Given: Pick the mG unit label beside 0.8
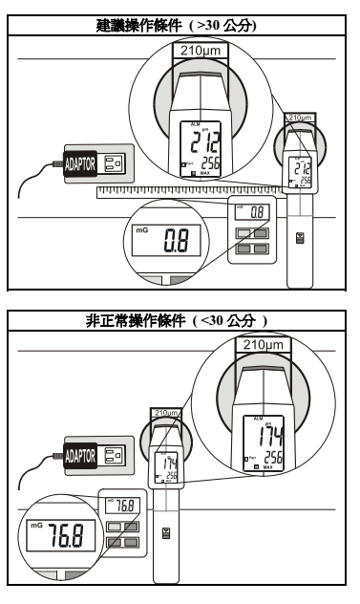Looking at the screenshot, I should [x=138, y=229].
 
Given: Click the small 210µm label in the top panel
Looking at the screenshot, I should [x=301, y=118].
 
